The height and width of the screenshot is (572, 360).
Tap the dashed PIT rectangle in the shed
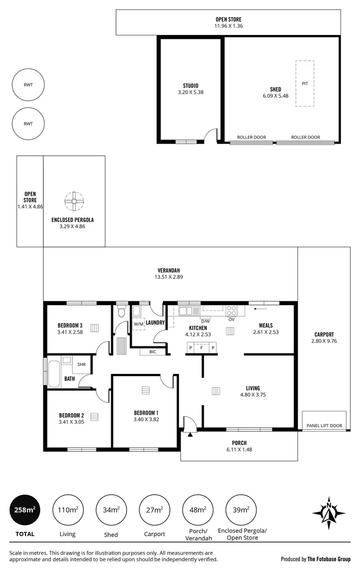point(304,84)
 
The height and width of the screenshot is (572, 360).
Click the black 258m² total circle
point(24,510)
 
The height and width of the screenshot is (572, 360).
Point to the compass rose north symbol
point(329,513)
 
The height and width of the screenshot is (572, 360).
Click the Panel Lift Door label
point(324,425)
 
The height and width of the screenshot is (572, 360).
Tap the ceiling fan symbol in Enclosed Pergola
point(74,201)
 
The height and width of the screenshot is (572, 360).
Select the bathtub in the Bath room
point(54,374)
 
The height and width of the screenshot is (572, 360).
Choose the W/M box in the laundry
point(138,323)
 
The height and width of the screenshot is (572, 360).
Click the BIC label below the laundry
point(152,351)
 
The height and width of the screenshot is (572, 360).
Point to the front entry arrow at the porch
point(189,434)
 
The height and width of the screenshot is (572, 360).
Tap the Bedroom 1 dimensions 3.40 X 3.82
point(146,419)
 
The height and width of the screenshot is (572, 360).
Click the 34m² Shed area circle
point(111,510)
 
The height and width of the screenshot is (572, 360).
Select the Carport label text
point(323,334)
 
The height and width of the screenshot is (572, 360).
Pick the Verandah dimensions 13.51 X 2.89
point(170,276)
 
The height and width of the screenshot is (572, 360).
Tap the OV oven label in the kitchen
point(231,319)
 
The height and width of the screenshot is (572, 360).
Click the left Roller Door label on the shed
point(251,137)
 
